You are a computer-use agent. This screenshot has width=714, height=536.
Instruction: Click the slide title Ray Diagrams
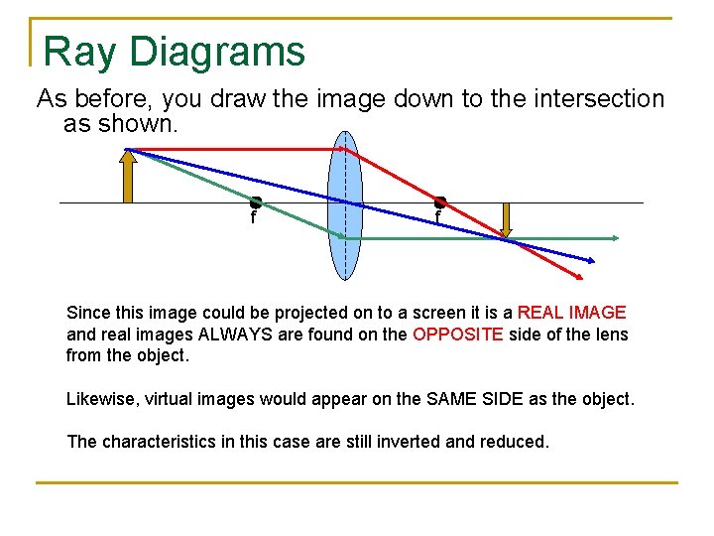pyautogui.click(x=175, y=51)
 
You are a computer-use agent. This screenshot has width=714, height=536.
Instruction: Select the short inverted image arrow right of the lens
pyautogui.click(x=507, y=220)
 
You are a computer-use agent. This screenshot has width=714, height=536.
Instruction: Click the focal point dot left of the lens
pyautogui.click(x=255, y=202)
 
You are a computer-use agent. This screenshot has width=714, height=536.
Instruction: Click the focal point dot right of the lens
pyautogui.click(x=440, y=202)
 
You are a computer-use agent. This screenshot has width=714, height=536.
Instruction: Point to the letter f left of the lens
pyautogui.click(x=254, y=217)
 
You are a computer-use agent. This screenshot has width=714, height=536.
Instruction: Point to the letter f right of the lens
pyautogui.click(x=437, y=217)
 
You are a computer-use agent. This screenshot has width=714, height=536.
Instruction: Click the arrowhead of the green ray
pyautogui.click(x=615, y=238)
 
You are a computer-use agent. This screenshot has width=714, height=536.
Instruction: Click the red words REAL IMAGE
pyautogui.click(x=572, y=313)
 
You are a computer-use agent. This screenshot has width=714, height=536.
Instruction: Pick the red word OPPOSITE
pyautogui.click(x=457, y=335)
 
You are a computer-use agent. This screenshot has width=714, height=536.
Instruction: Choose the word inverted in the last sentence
pyautogui.click(x=375, y=442)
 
